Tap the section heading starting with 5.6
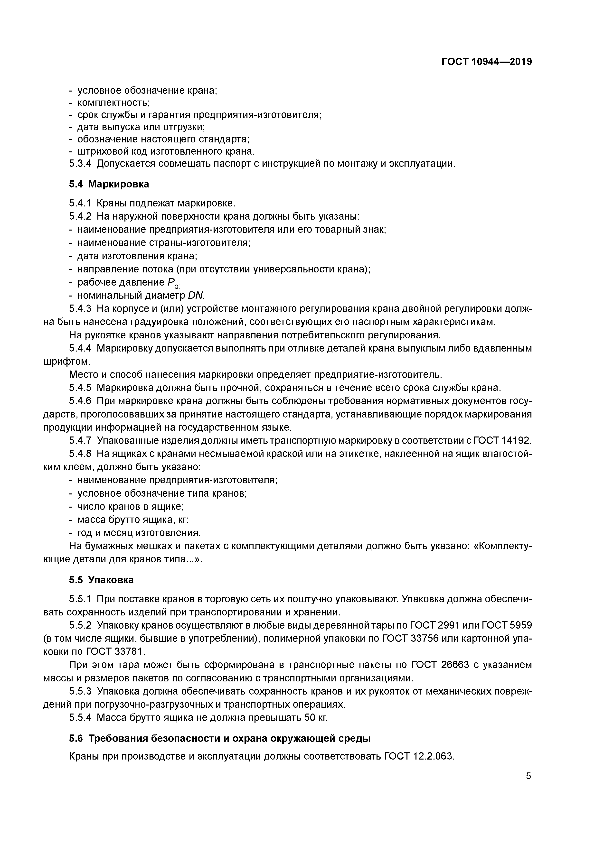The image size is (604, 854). coord(220,738)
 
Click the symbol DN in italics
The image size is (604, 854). coord(196,295)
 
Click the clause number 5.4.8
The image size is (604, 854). coord(80,453)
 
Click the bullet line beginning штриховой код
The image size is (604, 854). coord(166,151)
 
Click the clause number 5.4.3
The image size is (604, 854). coord(80,308)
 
